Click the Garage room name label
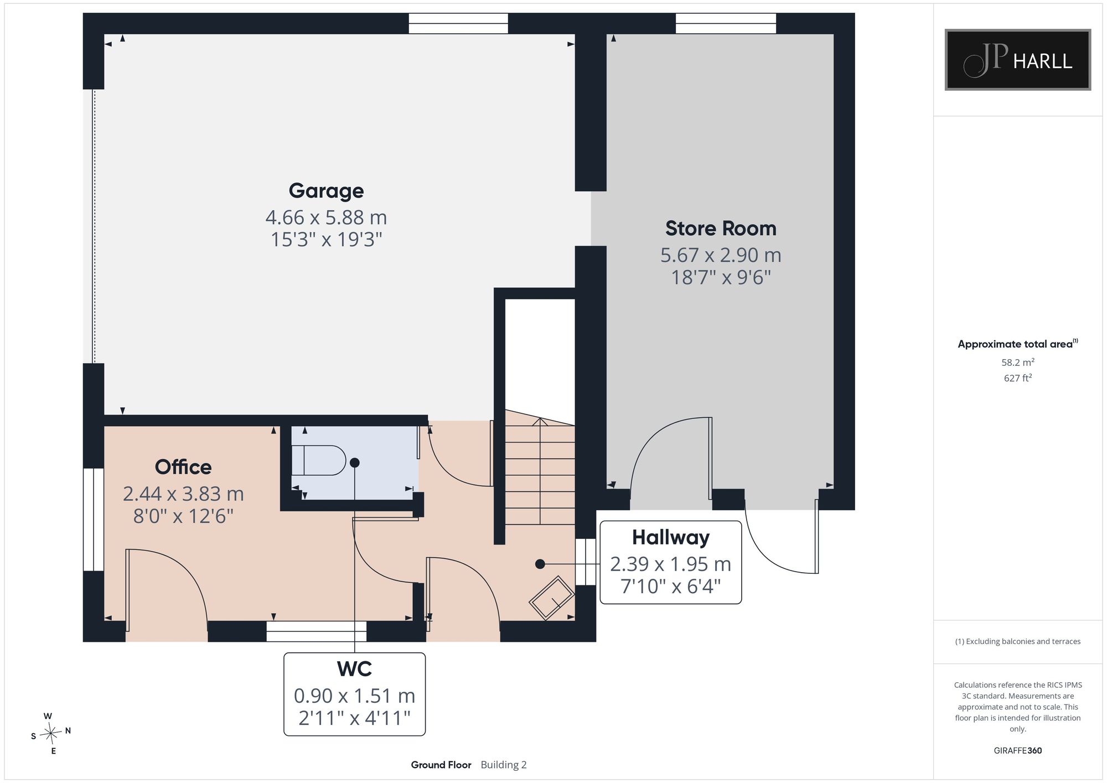click(x=326, y=191)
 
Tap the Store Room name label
click(x=721, y=229)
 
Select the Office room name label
click(x=183, y=467)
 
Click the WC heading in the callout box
click(x=354, y=669)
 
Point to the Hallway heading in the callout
click(x=670, y=537)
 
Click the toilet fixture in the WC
click(x=318, y=460)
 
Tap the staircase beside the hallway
click(x=540, y=468)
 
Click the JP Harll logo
click(x=1017, y=60)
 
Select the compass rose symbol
click(x=51, y=734)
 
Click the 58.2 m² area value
click(x=1017, y=362)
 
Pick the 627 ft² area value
click(x=1017, y=378)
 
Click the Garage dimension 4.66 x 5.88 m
click(x=326, y=217)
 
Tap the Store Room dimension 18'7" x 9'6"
click(x=721, y=277)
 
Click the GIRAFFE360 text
click(x=1017, y=751)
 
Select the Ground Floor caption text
click(x=441, y=765)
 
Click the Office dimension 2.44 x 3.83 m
click(x=183, y=494)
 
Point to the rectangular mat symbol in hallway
click(x=551, y=598)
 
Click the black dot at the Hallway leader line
click(x=540, y=564)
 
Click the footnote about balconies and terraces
click(x=1017, y=642)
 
